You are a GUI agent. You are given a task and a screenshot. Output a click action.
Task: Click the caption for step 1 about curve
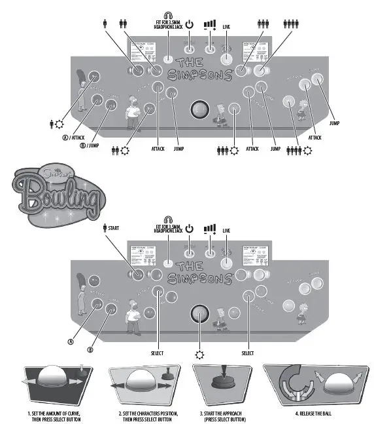tap(54, 417)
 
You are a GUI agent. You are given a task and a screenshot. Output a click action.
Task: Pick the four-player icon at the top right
tap(292, 23)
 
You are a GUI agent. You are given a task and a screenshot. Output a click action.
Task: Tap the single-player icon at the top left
tap(105, 22)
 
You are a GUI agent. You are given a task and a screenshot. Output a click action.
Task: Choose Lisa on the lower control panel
tap(301, 311)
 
